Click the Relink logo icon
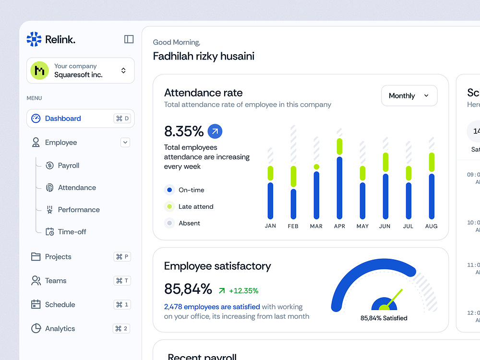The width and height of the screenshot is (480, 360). coord(34,39)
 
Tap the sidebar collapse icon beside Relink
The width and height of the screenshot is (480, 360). coord(129,39)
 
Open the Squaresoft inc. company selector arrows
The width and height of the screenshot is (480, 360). coord(123,71)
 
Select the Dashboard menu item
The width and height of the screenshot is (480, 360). coord(63,119)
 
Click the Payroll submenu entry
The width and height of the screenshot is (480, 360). coord(68,166)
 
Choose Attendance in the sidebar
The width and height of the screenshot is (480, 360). coord(77,188)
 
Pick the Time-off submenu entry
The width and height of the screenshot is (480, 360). coord(72,232)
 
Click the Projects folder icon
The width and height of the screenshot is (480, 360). coord(36,257)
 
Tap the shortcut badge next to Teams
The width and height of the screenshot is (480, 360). coord(122,281)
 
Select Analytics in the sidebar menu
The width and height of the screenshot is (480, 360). coord(60,329)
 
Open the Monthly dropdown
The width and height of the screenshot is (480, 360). coord(409,96)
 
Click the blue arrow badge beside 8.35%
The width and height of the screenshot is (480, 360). coord(215,131)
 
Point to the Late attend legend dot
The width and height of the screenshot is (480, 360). coord(169,207)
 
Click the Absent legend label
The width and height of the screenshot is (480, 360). coord(189,223)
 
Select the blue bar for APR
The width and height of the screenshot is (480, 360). coord(339,187)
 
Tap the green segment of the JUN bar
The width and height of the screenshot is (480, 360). coord(385,162)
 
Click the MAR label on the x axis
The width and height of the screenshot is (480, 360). coord(316,226)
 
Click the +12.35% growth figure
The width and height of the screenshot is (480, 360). coord(243,290)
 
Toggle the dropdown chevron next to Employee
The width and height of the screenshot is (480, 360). coord(125,143)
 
